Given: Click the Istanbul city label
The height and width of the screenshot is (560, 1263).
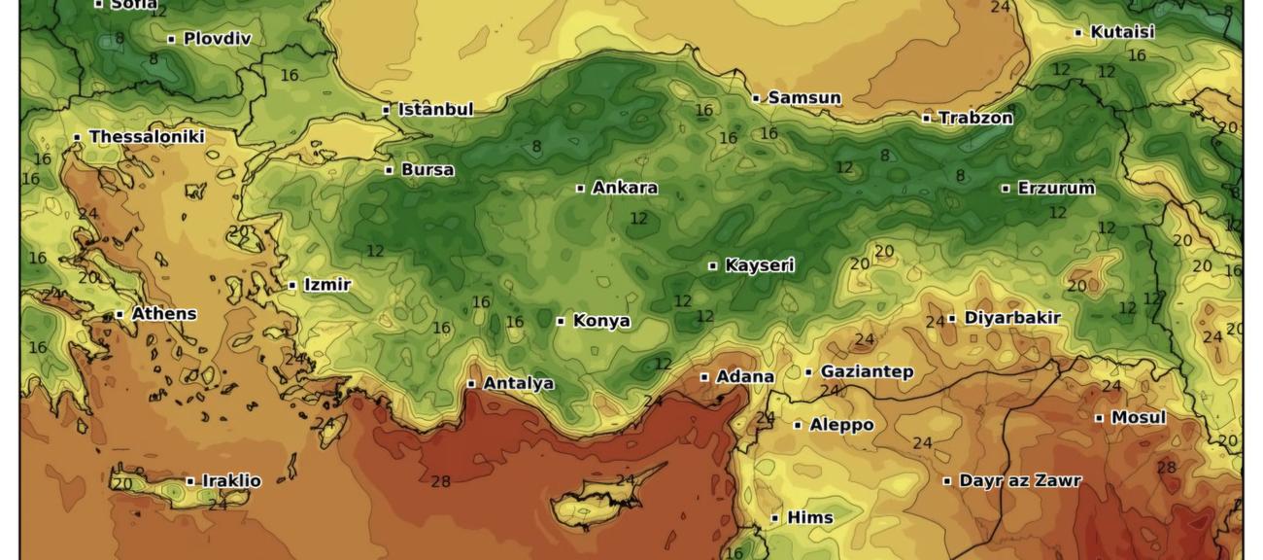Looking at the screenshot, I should coord(435,110).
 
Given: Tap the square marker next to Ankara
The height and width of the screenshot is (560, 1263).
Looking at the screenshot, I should coord(581,189).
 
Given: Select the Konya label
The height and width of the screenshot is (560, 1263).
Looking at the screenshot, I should coord(601,321).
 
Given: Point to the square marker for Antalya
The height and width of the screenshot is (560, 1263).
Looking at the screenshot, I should coord(471,384).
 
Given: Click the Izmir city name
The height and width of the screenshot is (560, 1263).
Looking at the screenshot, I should coord(327,285).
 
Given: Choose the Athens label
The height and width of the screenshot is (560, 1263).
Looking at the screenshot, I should coord(164,314).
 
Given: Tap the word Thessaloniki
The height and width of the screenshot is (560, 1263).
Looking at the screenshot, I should coord(147,137).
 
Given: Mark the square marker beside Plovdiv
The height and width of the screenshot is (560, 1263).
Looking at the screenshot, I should coord(171,40).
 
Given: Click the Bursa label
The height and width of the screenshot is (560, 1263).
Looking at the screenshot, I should coord(427,170).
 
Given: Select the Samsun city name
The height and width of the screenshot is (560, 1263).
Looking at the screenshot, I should coord(804,98).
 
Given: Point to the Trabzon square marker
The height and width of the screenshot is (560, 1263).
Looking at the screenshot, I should coord(927,119).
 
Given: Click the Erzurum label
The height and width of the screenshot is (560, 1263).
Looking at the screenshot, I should coord(1056,189).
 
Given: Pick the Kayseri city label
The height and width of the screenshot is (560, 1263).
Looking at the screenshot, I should coord(760,265).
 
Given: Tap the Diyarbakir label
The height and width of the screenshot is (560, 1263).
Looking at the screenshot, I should coord(1012,318).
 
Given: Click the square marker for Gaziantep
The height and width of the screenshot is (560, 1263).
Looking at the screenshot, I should coord(808,372).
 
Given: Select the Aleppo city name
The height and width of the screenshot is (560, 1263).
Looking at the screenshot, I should coord(841,425).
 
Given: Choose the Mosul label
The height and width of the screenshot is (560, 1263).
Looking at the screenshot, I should coord(1139,418).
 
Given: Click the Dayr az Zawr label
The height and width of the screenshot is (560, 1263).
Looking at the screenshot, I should coord(1020,480).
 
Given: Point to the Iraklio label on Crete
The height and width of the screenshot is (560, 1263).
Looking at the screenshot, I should coord(231,481).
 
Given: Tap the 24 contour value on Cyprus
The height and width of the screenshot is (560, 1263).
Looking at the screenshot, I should coord(625,480).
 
